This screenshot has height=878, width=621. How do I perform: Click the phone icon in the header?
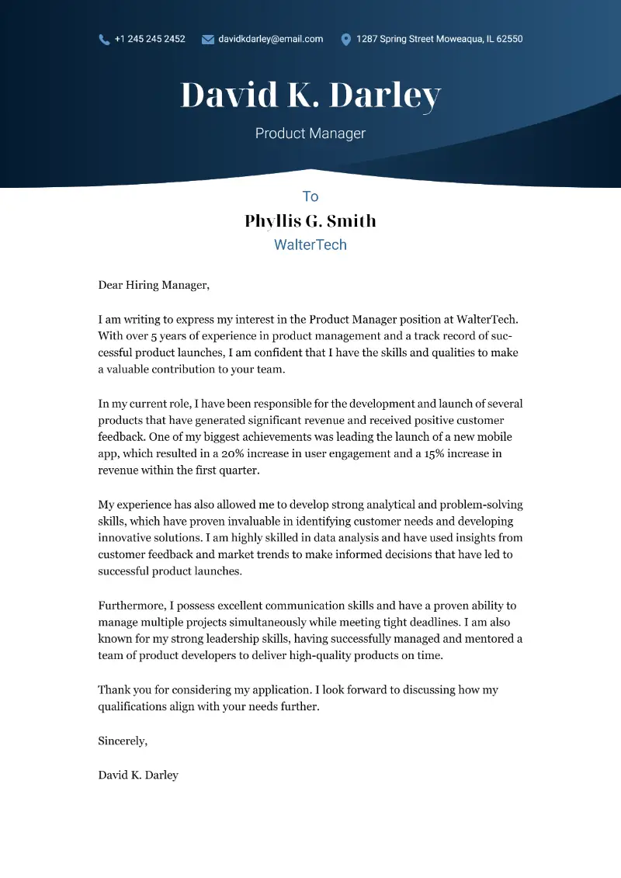(x=104, y=40)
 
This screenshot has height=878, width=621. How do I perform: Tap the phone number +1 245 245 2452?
(x=150, y=39)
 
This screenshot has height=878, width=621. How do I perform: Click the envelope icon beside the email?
(x=207, y=40)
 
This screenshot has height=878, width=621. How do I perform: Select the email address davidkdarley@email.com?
(x=270, y=39)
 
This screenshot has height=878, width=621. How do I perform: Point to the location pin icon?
(x=345, y=40)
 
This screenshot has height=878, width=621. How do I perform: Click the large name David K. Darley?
(x=310, y=95)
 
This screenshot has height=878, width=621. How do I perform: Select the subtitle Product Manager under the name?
(x=310, y=134)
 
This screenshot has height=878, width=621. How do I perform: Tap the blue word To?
(x=310, y=196)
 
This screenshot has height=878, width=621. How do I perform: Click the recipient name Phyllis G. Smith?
(x=310, y=221)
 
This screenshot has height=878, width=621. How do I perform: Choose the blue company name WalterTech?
(x=310, y=245)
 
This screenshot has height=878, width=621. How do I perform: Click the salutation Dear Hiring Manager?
(x=154, y=285)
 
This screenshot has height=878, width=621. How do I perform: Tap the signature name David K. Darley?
(x=138, y=775)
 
